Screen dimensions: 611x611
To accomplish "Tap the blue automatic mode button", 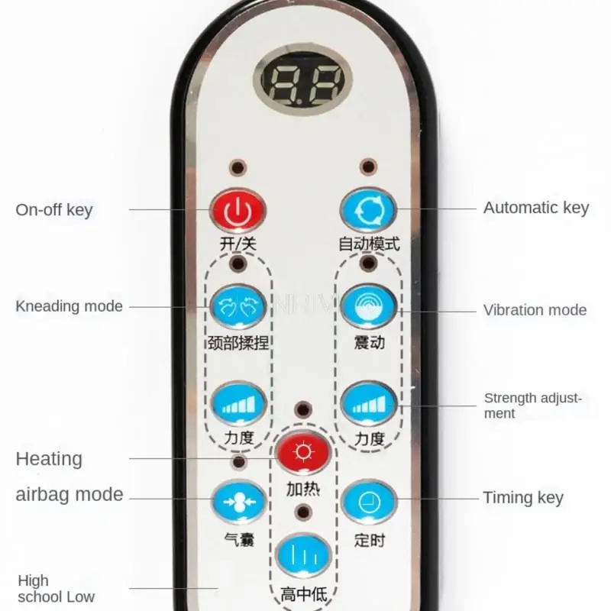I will click(x=369, y=209).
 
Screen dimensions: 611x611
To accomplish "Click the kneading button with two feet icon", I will click(x=238, y=305).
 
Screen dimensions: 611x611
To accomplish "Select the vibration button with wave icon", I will click(x=369, y=305).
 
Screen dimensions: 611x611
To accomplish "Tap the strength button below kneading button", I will click(x=238, y=403).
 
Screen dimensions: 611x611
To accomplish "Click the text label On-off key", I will click(x=53, y=209).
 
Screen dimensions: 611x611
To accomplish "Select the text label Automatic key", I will click(x=536, y=207).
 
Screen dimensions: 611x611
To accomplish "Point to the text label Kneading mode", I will click(x=69, y=306).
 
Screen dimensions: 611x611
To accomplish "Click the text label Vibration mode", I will click(x=535, y=310).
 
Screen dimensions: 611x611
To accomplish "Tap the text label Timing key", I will click(x=523, y=498).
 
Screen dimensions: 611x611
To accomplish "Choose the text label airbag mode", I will click(x=70, y=494).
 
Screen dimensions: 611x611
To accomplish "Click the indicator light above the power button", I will click(x=238, y=166).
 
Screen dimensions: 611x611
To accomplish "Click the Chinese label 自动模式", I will click(x=369, y=244).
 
